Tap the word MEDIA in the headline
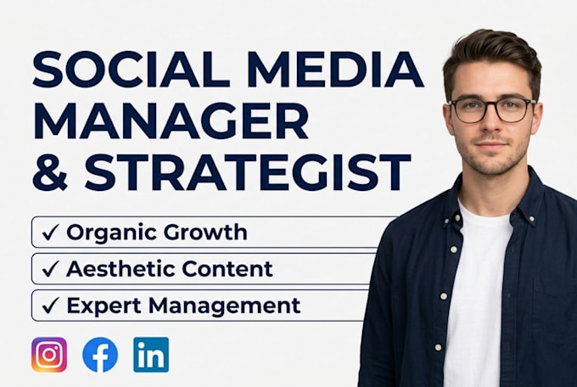(x=336, y=69)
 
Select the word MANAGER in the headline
(x=171, y=121)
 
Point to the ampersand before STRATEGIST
(x=50, y=172)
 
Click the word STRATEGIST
(x=247, y=172)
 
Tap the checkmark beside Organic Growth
(x=50, y=233)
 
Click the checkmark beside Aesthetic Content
(x=50, y=269)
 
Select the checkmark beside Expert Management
(x=50, y=306)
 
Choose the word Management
(x=225, y=306)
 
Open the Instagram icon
(x=49, y=355)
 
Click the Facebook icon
(x=100, y=355)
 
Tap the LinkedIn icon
(x=151, y=355)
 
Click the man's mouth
(x=491, y=144)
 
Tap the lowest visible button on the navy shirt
(x=438, y=347)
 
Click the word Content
(x=227, y=268)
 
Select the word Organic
(x=111, y=233)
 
